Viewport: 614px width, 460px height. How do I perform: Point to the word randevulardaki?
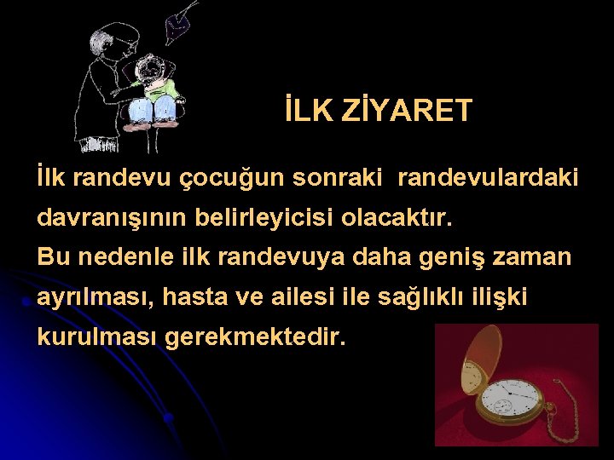coord(488,178)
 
